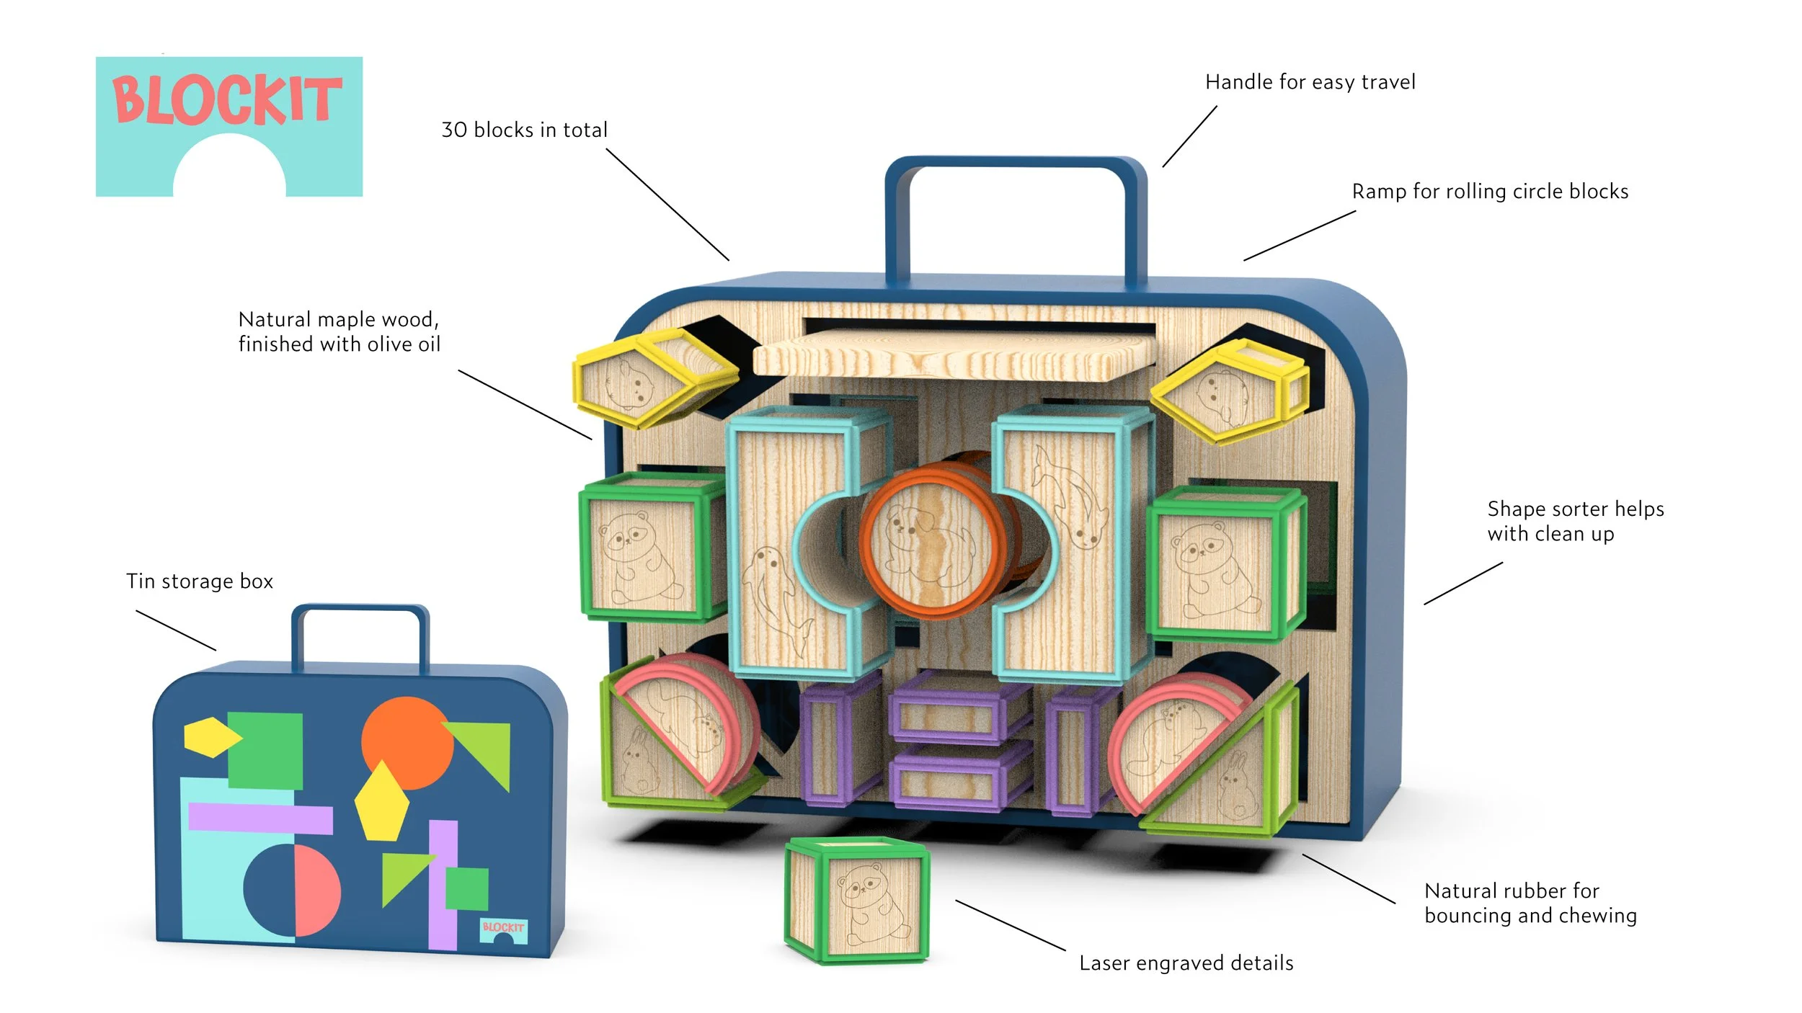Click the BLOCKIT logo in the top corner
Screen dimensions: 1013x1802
pos(228,126)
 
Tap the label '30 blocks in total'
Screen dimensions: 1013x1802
pos(524,130)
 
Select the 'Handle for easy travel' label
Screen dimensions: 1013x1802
pos(1310,82)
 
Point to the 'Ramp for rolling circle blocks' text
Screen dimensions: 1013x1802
pos(1489,192)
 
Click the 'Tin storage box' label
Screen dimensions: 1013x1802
pos(200,581)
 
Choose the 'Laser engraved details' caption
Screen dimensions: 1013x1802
pos(1186,963)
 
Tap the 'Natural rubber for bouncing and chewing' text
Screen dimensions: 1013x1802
pos(1530,903)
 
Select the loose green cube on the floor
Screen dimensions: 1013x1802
pos(856,901)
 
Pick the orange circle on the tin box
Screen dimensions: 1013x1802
pos(408,742)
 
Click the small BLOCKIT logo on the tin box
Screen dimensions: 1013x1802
pos(503,930)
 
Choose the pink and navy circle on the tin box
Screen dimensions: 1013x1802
pos(292,891)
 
